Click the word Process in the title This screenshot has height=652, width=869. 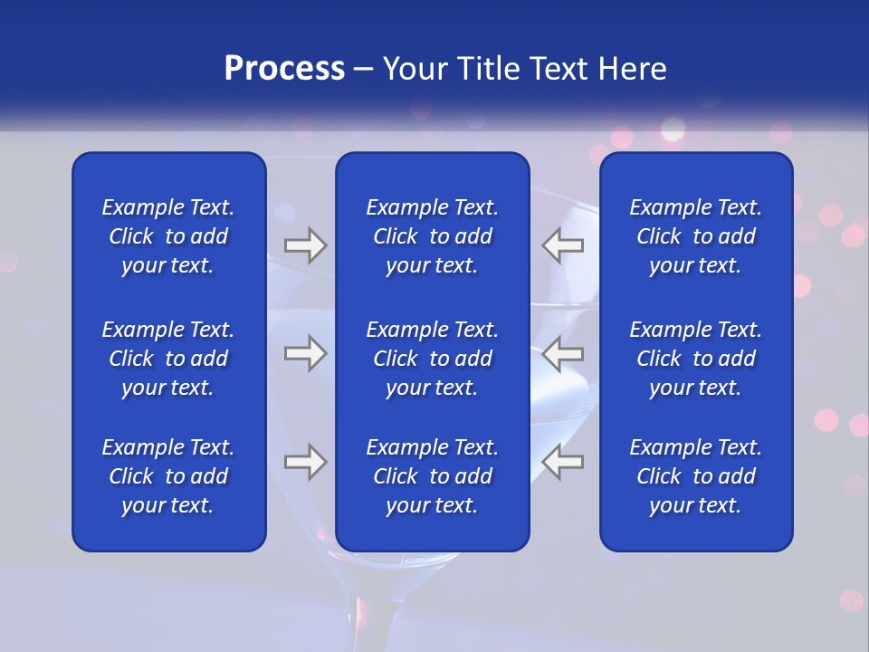click(284, 69)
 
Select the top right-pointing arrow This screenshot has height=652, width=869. click(306, 245)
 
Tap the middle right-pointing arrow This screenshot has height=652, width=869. click(306, 353)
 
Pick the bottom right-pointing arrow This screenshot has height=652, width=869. click(306, 462)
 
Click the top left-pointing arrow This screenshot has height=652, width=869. click(562, 245)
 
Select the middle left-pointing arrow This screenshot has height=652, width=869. click(562, 353)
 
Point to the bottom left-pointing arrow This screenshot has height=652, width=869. click(562, 462)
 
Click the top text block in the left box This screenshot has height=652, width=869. click(168, 236)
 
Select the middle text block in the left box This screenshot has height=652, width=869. click(168, 359)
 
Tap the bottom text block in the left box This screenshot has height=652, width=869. click(168, 476)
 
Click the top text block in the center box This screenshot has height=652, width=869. click(432, 236)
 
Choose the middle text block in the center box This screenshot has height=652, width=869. click(432, 359)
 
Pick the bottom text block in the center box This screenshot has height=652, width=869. click(432, 476)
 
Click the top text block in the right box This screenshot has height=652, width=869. click(695, 236)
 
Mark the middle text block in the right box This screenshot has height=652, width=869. click(695, 359)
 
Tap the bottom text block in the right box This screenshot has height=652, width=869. click(695, 476)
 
